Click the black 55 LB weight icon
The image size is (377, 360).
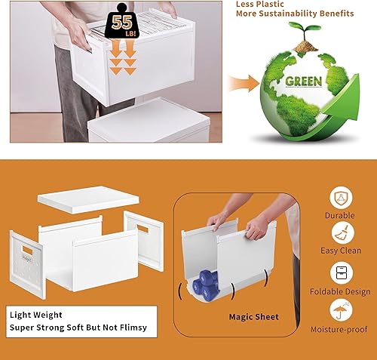click(x=123, y=21)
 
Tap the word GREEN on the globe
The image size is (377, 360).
click(x=303, y=81)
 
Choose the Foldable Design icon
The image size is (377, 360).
click(x=340, y=273)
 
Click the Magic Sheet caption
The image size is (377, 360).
click(x=254, y=317)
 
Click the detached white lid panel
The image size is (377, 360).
click(x=88, y=198)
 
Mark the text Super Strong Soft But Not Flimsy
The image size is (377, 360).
click(x=78, y=328)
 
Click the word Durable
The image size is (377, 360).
click(x=340, y=215)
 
